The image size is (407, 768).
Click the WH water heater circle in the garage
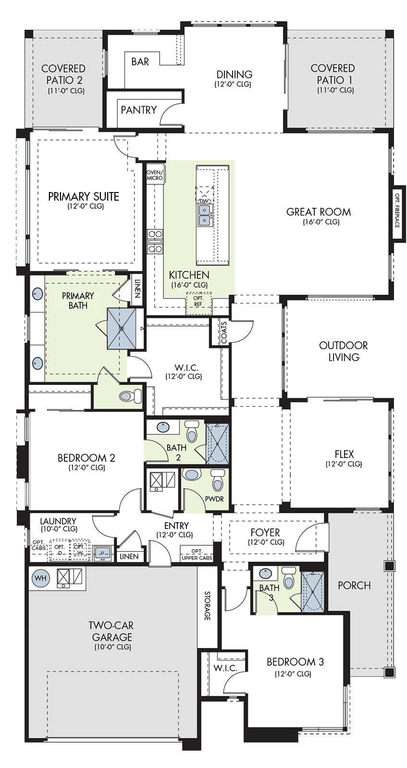coord(40,578)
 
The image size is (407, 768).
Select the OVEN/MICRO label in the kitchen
coord(155,175)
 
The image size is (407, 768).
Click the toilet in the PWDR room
coord(217,480)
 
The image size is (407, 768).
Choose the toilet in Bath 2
coord(192,431)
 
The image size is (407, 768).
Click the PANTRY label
coord(139,110)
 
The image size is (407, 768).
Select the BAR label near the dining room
coord(140,62)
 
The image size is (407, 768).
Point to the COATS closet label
coord(224,332)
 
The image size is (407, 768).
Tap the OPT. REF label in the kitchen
coord(198,301)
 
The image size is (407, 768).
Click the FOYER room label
coord(265,532)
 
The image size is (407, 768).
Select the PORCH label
coord(354,585)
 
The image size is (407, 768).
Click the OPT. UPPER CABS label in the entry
coord(197,554)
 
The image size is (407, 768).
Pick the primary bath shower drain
coord(121,328)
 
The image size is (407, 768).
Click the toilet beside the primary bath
coord(130,396)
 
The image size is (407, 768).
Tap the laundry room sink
coord(102,552)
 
